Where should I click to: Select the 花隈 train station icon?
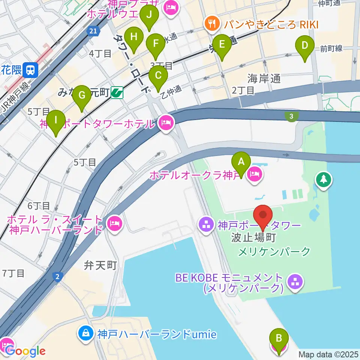(x=29, y=69)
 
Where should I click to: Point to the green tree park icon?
(x=323, y=178)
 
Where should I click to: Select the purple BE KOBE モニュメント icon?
(x=295, y=283)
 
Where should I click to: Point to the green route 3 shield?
(x=291, y=117)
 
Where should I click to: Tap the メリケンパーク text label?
(x=275, y=251)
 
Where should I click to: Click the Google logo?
(x=25, y=351)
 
